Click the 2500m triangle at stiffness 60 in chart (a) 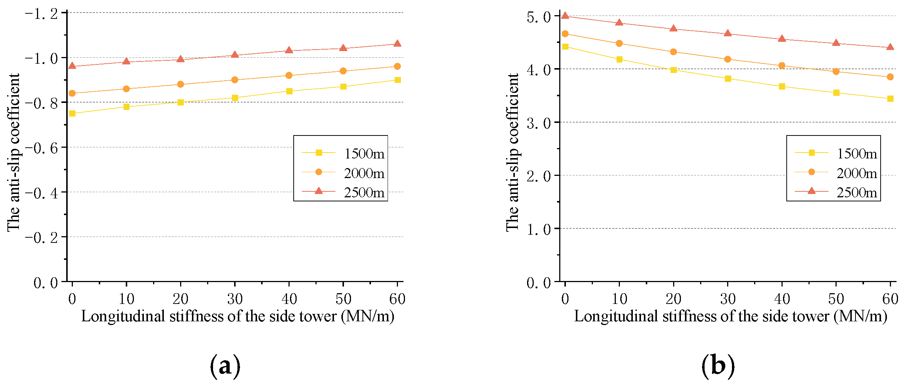click(397, 44)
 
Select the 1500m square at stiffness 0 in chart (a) click(72, 113)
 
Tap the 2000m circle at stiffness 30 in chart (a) click(234, 80)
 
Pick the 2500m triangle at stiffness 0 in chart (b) click(565, 16)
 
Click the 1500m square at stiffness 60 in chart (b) click(890, 98)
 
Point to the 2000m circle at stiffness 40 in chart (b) click(782, 66)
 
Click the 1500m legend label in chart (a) click(364, 154)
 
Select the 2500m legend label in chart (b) click(857, 192)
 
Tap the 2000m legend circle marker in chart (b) click(811, 172)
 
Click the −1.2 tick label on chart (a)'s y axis click(41, 14)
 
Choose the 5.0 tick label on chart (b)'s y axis click(539, 17)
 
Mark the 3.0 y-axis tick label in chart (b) click(539, 123)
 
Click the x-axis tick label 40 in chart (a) click(289, 299)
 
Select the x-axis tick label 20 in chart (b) click(674, 299)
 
